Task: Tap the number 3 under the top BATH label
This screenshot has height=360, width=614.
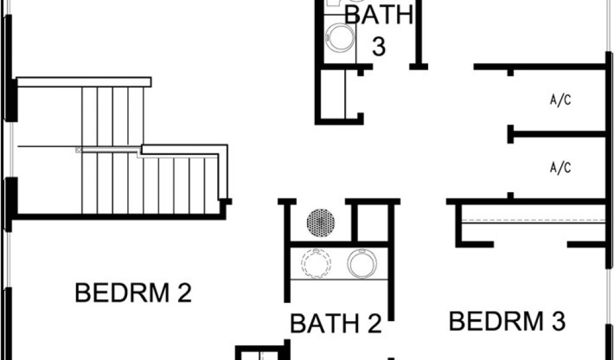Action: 378,47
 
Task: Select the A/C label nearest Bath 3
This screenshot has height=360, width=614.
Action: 560,100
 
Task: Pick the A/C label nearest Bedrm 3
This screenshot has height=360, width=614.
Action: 560,167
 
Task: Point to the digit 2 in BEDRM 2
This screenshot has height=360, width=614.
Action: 182,293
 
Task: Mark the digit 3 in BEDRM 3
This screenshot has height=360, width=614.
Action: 557,322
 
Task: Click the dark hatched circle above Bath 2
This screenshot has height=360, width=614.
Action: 321,223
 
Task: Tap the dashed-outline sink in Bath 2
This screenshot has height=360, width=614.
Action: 316,263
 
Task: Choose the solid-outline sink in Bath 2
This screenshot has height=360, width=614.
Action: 362,263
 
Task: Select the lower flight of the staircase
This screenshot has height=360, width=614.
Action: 180,183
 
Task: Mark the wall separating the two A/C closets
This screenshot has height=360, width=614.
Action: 558,133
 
